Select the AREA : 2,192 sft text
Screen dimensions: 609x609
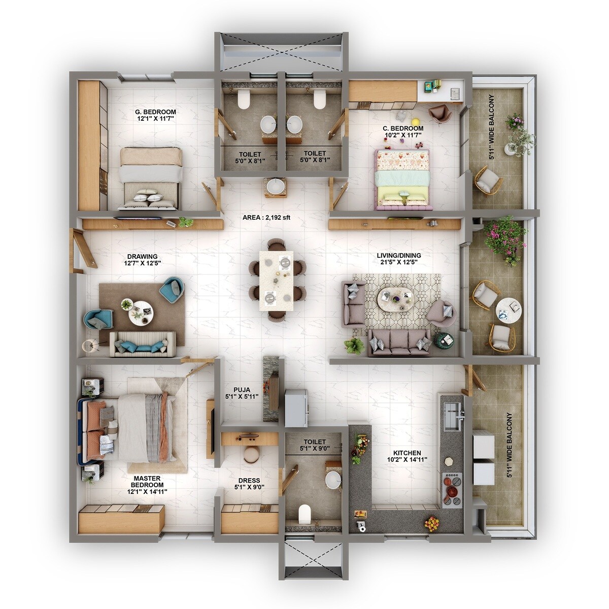coord(266,218)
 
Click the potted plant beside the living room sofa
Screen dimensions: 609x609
coord(354,346)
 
